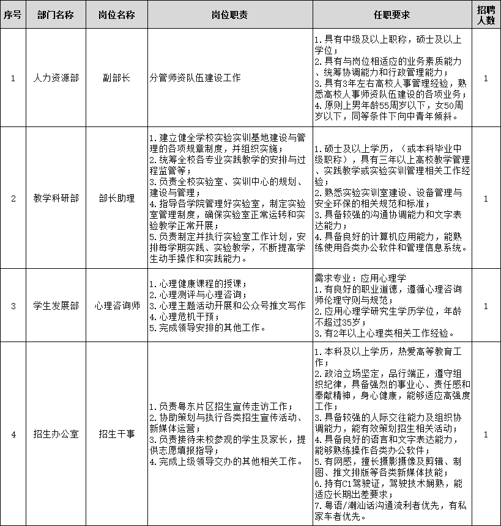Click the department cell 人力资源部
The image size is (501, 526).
(x=56, y=79)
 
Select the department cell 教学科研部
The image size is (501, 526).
(x=56, y=198)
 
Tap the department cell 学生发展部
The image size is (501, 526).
(x=56, y=306)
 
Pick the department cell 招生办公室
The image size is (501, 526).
(x=56, y=434)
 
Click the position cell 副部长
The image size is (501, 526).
(x=116, y=79)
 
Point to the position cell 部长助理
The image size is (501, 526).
(x=116, y=198)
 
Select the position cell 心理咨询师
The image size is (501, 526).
(x=116, y=306)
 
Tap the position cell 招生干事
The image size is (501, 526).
(x=116, y=434)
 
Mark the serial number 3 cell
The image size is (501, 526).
(x=13, y=306)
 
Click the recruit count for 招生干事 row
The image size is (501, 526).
(x=486, y=434)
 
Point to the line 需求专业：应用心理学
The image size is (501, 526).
(x=360, y=277)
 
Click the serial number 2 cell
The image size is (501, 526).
(x=13, y=198)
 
